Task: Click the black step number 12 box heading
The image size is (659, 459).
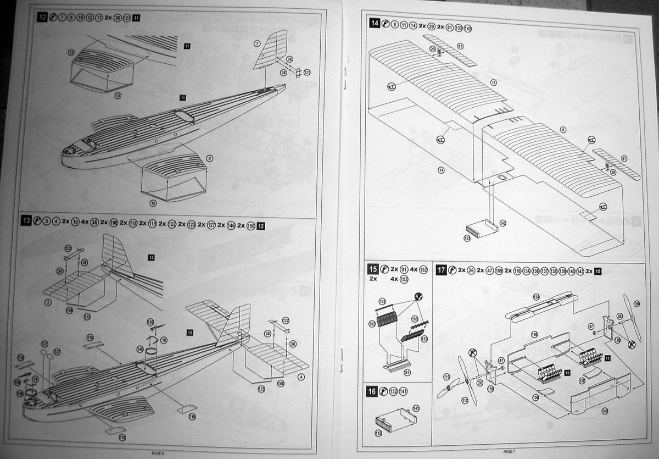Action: [42, 17]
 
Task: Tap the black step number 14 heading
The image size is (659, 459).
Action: [375, 24]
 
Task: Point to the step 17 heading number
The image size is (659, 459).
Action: [441, 270]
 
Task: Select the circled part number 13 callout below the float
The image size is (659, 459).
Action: [118, 95]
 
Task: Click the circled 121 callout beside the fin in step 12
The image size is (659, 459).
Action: [307, 72]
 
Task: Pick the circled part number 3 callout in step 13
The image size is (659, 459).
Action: [48, 301]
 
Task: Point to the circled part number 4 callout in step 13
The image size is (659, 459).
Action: [301, 377]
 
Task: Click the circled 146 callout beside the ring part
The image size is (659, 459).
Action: [139, 349]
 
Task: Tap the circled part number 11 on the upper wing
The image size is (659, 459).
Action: [494, 82]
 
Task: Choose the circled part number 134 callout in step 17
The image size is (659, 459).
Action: [536, 297]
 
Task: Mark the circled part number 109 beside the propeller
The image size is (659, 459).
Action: [636, 303]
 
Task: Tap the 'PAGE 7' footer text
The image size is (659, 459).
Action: [509, 451]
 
